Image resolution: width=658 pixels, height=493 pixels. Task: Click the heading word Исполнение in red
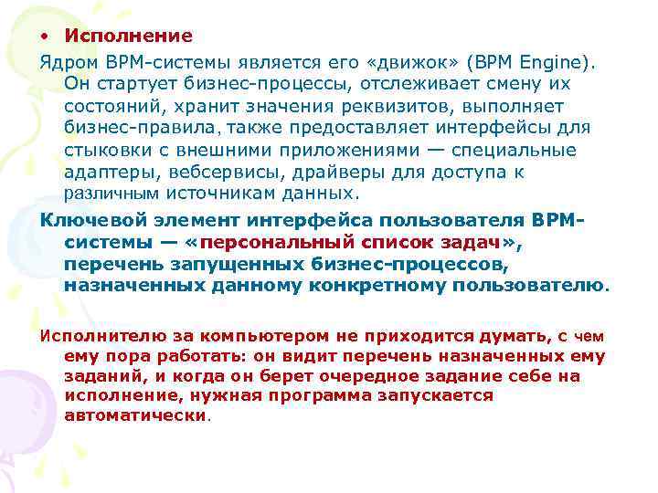tap(128, 37)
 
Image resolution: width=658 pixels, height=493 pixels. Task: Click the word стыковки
tap(102, 151)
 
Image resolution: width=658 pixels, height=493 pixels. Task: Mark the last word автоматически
tap(136, 414)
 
